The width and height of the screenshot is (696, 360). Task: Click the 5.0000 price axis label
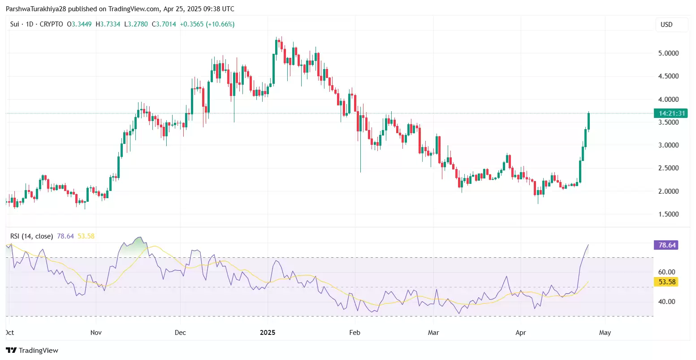coord(668,53)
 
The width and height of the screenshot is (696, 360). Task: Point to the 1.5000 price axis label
coord(668,214)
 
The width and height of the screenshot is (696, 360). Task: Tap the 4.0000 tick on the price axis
coord(668,100)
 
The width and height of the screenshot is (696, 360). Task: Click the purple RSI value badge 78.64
coord(665,245)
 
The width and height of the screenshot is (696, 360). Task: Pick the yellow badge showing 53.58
coord(665,282)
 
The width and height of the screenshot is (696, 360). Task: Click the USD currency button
coord(666,25)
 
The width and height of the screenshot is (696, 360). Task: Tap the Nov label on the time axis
coord(96,333)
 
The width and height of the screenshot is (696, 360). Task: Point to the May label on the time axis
coord(605,333)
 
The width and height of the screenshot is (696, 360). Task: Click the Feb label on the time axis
coord(354,333)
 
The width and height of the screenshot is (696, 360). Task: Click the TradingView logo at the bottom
coord(32,351)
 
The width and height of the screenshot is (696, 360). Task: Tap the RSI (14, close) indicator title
coord(31,236)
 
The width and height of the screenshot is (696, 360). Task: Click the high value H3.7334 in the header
coord(108,24)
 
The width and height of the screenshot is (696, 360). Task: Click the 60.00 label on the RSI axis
coord(667,272)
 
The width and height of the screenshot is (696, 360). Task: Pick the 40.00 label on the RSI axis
coord(667,302)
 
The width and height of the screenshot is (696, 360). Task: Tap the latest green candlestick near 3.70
coord(588,121)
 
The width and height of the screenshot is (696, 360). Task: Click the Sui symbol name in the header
coord(15,24)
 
